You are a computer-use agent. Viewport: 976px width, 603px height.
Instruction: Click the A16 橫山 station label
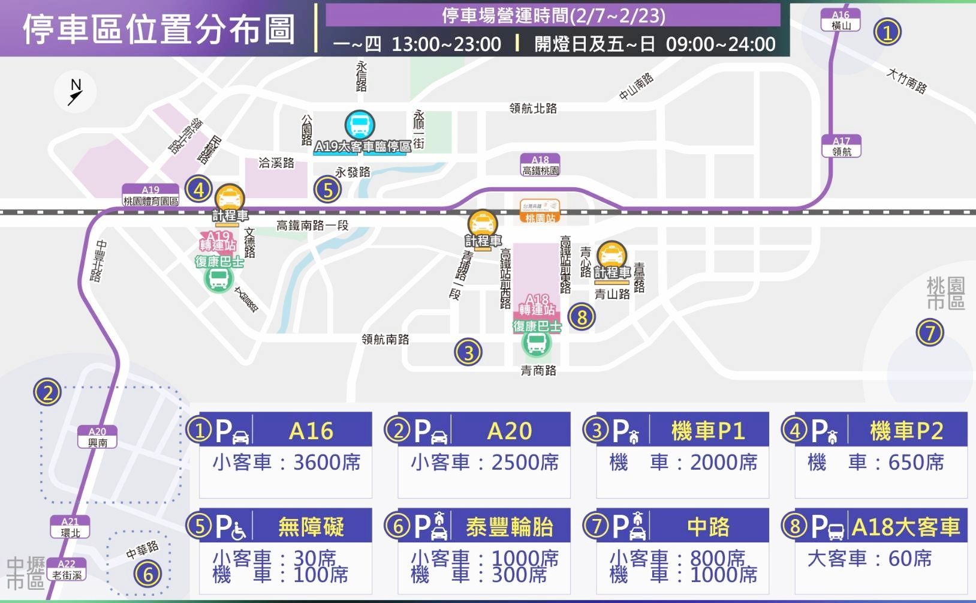[841, 20]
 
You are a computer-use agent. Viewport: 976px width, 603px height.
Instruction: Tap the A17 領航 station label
[841, 146]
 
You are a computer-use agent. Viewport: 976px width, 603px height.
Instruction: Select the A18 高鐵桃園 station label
[540, 165]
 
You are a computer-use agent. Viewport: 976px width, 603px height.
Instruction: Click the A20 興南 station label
[97, 437]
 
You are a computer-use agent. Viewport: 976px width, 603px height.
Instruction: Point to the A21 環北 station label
[70, 527]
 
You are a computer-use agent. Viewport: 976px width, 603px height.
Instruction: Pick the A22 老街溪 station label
[67, 569]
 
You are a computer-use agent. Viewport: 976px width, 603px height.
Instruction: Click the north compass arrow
[76, 92]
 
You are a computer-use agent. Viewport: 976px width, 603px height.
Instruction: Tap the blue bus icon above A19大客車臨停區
[360, 125]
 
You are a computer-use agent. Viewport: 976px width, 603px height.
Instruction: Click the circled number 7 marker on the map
[930, 332]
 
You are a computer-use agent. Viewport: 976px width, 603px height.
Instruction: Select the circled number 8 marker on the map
[582, 316]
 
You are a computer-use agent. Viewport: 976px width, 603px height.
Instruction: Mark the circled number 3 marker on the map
[468, 352]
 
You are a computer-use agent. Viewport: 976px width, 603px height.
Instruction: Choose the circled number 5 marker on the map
[327, 190]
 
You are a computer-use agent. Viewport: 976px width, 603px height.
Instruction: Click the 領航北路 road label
[533, 108]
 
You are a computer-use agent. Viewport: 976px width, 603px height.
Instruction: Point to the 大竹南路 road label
[906, 81]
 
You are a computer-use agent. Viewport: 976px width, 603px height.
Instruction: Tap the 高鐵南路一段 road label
[312, 226]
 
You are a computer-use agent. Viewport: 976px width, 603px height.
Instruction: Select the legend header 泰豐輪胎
[509, 527]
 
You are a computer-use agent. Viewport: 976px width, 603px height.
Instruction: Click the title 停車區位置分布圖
[159, 29]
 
